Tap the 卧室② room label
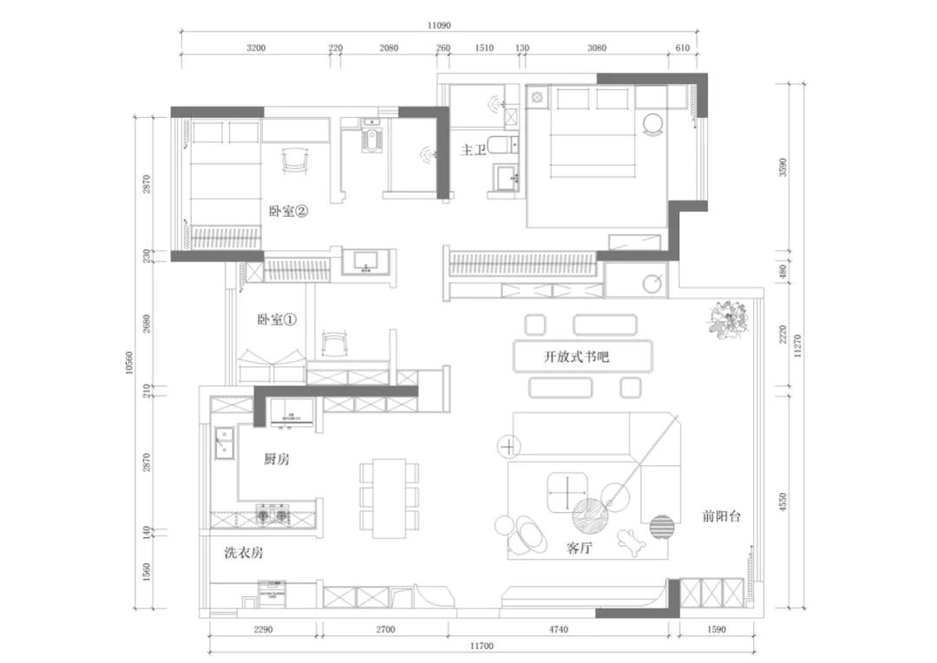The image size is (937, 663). pyautogui.click(x=288, y=210)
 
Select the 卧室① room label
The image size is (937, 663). pyautogui.click(x=277, y=319)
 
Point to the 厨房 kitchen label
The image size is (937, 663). pyautogui.click(x=277, y=459)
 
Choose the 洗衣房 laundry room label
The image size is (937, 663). pyautogui.click(x=243, y=553)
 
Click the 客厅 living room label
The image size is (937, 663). pyautogui.click(x=580, y=548)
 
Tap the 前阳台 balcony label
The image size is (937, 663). pyautogui.click(x=722, y=516)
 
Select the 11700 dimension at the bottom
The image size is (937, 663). pyautogui.click(x=482, y=647)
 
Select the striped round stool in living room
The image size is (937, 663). pyautogui.click(x=662, y=526)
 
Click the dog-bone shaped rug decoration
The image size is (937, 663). pyautogui.click(x=630, y=542)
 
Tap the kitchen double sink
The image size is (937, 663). pyautogui.click(x=224, y=444)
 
